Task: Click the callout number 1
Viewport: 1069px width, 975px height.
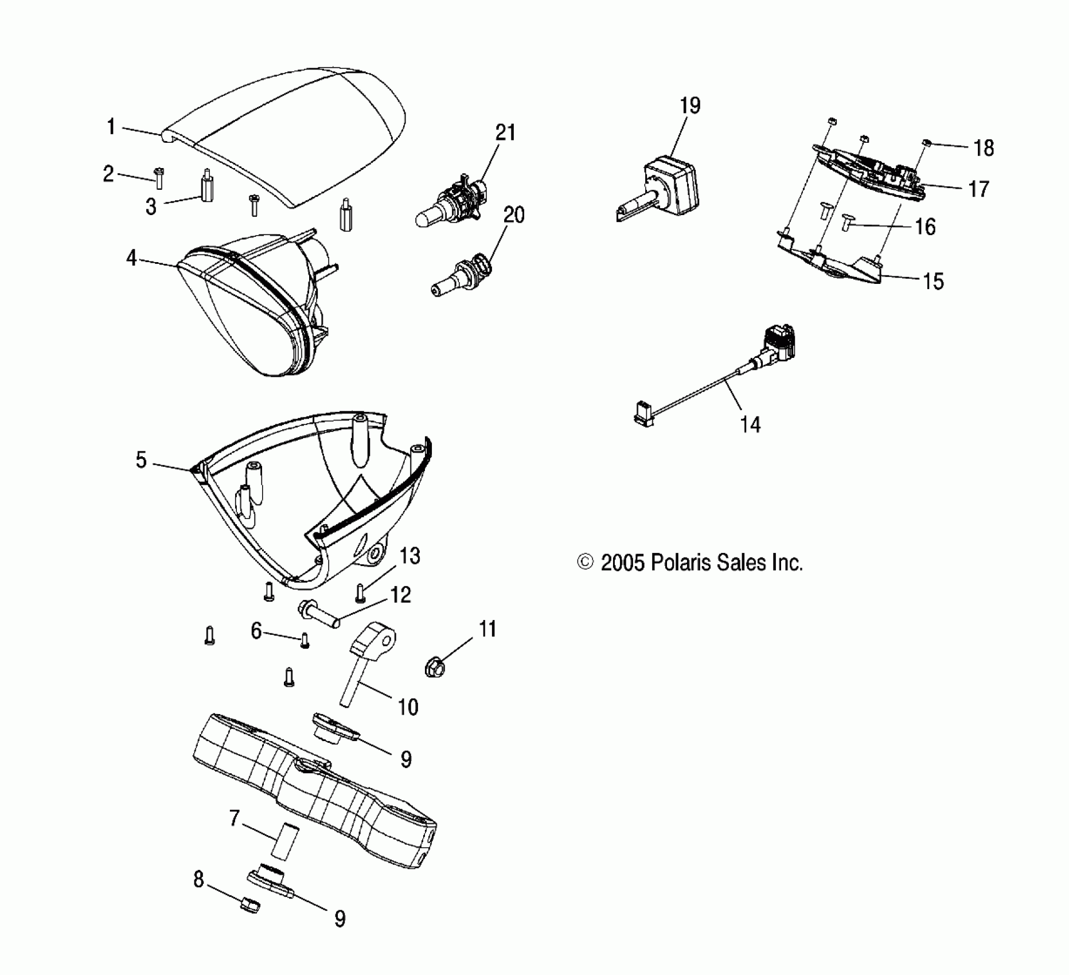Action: tap(111, 127)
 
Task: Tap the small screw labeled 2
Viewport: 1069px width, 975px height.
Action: tap(159, 177)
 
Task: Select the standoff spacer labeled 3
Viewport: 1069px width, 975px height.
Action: tap(205, 188)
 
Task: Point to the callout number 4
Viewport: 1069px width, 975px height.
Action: tap(132, 258)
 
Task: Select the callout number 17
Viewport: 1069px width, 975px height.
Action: tap(979, 189)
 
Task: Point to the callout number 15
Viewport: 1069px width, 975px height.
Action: tap(933, 281)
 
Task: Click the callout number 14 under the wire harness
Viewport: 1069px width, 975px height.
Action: tap(750, 425)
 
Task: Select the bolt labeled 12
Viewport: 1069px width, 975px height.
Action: tap(318, 612)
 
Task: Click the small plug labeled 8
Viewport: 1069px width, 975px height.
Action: tap(249, 907)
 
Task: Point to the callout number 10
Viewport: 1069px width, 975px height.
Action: tap(408, 707)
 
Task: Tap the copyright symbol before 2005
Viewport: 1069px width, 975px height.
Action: tap(584, 563)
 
